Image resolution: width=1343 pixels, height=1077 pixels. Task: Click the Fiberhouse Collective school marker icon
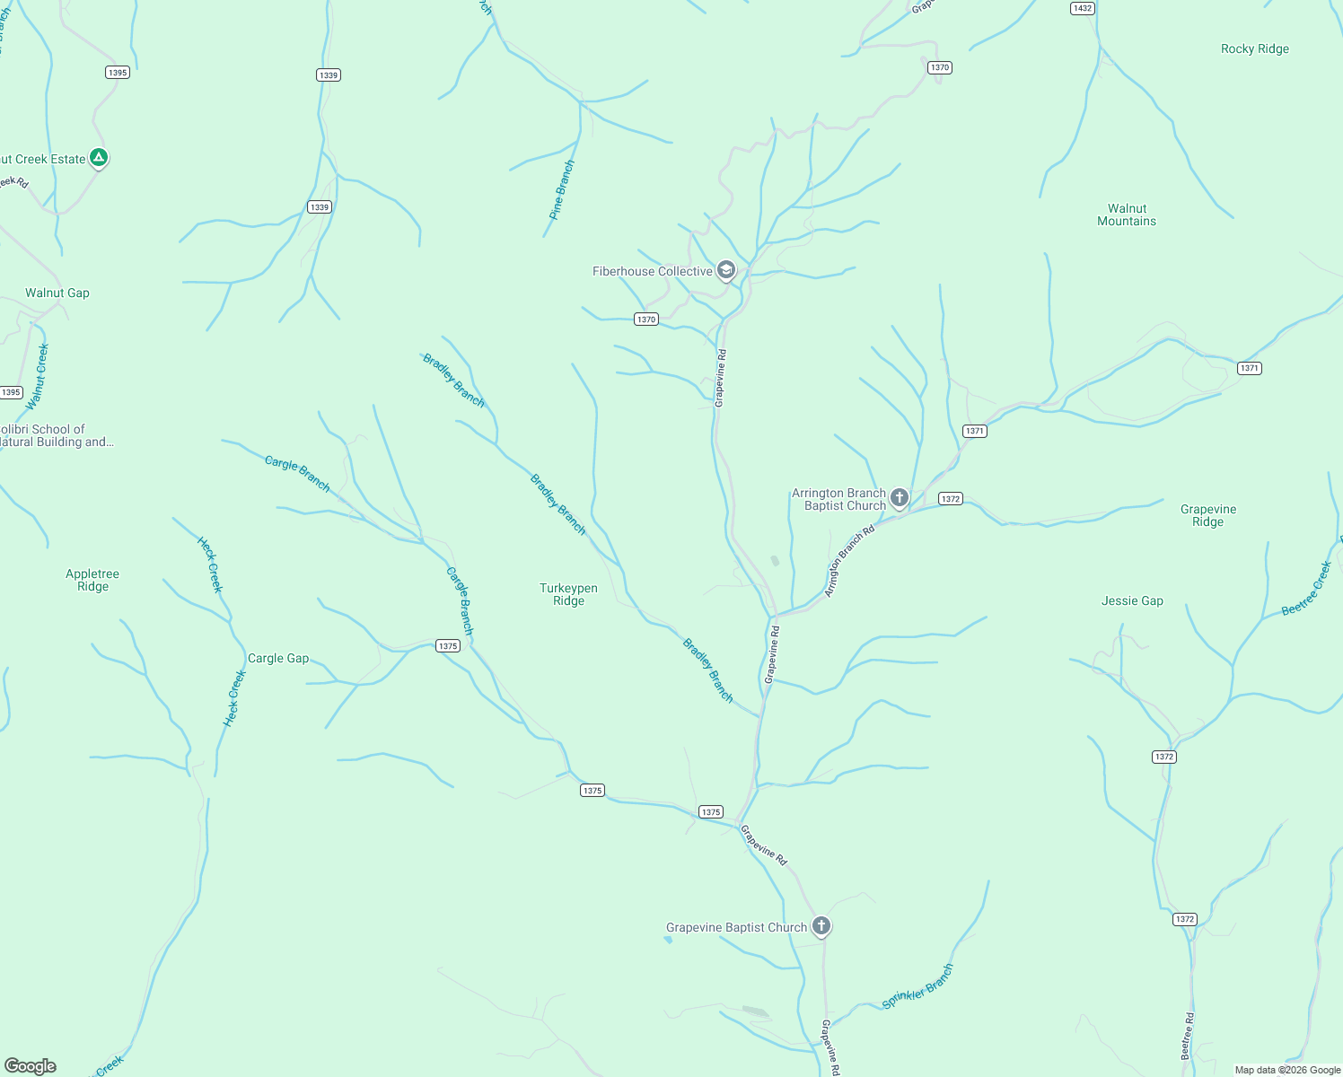pyautogui.click(x=726, y=270)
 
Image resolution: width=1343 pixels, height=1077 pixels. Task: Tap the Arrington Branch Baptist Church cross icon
pyautogui.click(x=900, y=498)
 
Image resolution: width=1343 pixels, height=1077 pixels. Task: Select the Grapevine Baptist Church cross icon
pyautogui.click(x=821, y=926)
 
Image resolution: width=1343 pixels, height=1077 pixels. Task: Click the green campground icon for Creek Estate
pyautogui.click(x=99, y=158)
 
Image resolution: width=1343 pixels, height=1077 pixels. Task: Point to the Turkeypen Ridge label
pyautogui.click(x=568, y=594)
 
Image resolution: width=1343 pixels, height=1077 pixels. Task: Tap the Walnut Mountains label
pyautogui.click(x=1127, y=215)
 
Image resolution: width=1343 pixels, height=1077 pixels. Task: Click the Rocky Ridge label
pyautogui.click(x=1254, y=49)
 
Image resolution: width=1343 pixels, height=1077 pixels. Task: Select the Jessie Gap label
pyautogui.click(x=1132, y=600)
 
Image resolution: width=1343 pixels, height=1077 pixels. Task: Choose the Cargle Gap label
pyautogui.click(x=278, y=658)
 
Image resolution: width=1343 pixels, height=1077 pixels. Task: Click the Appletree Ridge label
pyautogui.click(x=92, y=580)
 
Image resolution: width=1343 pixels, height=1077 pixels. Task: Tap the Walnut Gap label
pyautogui.click(x=57, y=293)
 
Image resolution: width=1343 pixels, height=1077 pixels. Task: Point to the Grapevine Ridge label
pyautogui.click(x=1207, y=515)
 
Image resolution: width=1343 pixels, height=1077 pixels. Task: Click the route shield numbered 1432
pyautogui.click(x=1083, y=8)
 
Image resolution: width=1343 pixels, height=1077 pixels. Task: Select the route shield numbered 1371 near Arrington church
pyautogui.click(x=975, y=431)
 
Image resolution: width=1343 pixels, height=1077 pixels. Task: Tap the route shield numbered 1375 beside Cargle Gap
pyautogui.click(x=448, y=645)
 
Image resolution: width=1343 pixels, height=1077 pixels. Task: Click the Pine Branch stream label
pyautogui.click(x=562, y=190)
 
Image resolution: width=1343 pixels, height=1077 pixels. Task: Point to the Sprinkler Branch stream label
pyautogui.click(x=917, y=986)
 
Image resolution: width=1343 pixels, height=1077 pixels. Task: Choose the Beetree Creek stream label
pyautogui.click(x=1307, y=589)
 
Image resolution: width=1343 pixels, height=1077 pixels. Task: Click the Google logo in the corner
pyautogui.click(x=31, y=1066)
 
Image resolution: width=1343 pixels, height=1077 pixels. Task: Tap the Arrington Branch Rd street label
pyautogui.click(x=849, y=562)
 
